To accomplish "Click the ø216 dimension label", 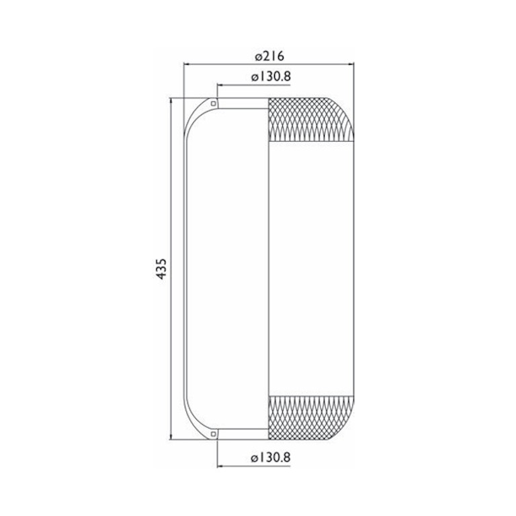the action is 269,56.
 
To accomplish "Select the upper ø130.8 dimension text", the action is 271,77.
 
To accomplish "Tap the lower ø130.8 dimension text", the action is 271,458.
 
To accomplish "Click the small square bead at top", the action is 214,103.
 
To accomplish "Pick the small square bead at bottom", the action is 214,434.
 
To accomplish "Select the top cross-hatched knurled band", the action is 311,120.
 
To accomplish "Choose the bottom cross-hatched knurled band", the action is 311,418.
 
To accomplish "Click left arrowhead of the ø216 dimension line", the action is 187,64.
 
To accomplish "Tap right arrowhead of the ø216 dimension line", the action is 351,64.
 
